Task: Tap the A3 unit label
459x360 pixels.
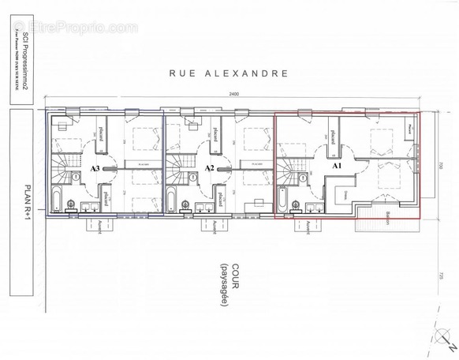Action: (x=95, y=168)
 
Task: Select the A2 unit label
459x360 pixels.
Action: (x=209, y=168)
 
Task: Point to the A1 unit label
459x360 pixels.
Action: (x=336, y=167)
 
